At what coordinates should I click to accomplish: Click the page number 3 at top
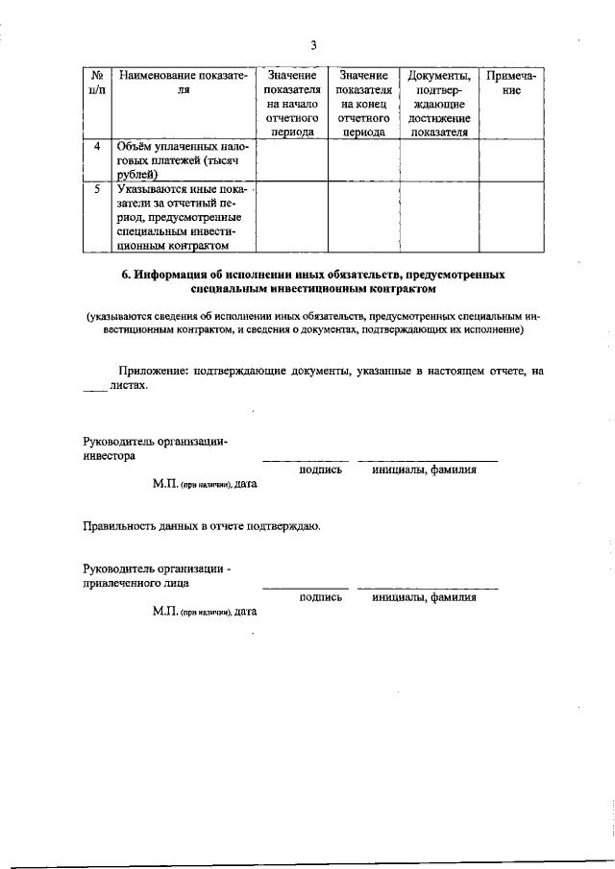(313, 45)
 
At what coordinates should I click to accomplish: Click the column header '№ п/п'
(97, 83)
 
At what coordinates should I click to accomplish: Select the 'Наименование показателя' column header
(183, 83)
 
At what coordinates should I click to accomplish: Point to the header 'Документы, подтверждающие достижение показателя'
(439, 104)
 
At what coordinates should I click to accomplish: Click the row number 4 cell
(97, 146)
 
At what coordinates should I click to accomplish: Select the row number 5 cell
(97, 190)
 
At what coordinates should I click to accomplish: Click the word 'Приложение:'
(153, 370)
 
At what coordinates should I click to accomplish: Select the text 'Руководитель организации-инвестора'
(156, 449)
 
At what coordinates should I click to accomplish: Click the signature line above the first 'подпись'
(306, 460)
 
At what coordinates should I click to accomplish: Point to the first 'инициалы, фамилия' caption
(428, 470)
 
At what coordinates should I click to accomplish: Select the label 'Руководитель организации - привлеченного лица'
(156, 575)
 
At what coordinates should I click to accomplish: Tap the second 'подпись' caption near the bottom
(320, 596)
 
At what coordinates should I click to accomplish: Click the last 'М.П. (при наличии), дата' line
(204, 611)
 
